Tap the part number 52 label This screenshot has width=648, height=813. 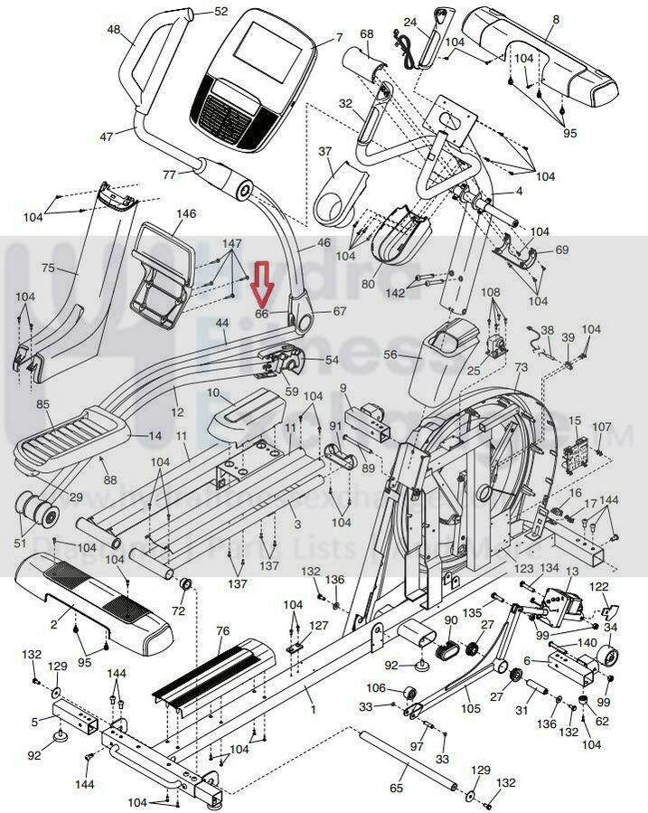(221, 12)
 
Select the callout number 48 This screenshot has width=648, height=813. (114, 30)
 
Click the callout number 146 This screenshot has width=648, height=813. (185, 214)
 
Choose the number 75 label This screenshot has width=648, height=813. (48, 268)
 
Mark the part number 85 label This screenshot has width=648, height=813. (42, 404)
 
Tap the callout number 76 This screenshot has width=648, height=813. (222, 630)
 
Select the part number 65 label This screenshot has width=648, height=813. (396, 789)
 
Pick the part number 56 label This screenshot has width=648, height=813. (390, 355)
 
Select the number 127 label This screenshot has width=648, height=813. (319, 625)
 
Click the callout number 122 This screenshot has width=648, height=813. (600, 587)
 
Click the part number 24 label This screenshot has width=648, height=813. (409, 22)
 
